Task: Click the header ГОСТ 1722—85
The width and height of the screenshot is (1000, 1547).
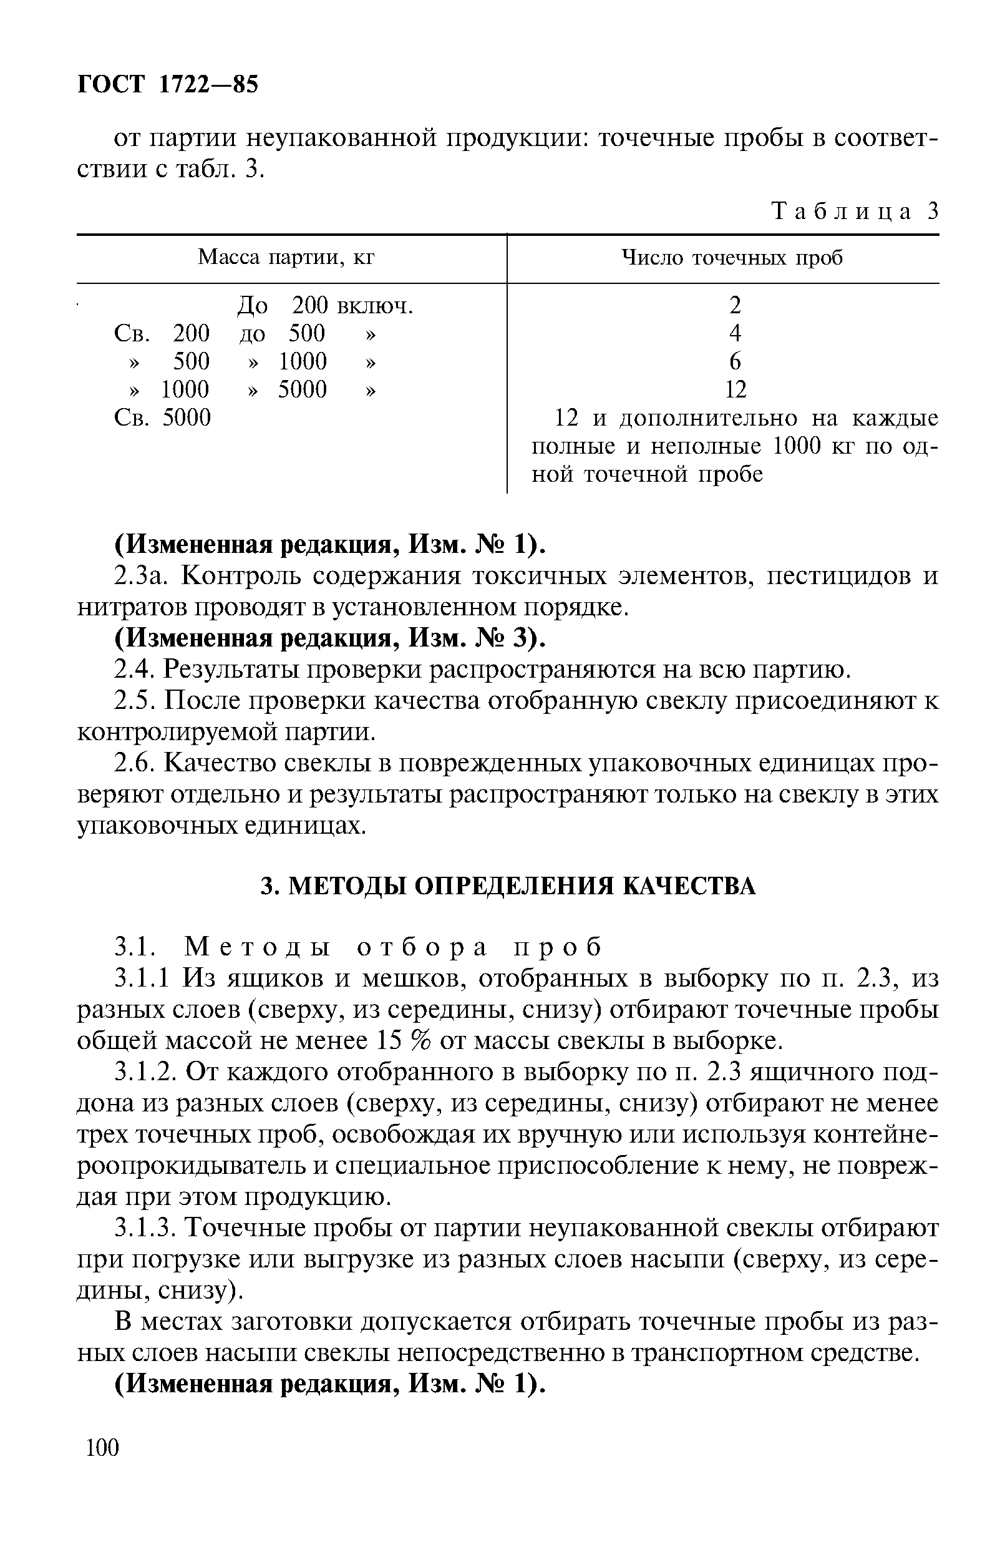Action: [x=168, y=84]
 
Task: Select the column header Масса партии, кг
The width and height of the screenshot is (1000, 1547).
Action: [x=286, y=258]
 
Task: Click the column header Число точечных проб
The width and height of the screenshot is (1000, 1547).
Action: [x=732, y=258]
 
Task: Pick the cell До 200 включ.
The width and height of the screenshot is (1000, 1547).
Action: [x=324, y=305]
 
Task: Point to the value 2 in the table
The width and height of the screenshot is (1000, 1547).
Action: [x=734, y=305]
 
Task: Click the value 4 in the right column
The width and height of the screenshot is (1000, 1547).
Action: [x=734, y=333]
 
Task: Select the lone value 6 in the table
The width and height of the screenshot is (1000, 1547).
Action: [x=734, y=361]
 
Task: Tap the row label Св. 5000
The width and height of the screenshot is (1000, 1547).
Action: [x=162, y=417]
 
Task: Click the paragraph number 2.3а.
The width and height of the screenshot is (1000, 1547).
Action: [x=143, y=575]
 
